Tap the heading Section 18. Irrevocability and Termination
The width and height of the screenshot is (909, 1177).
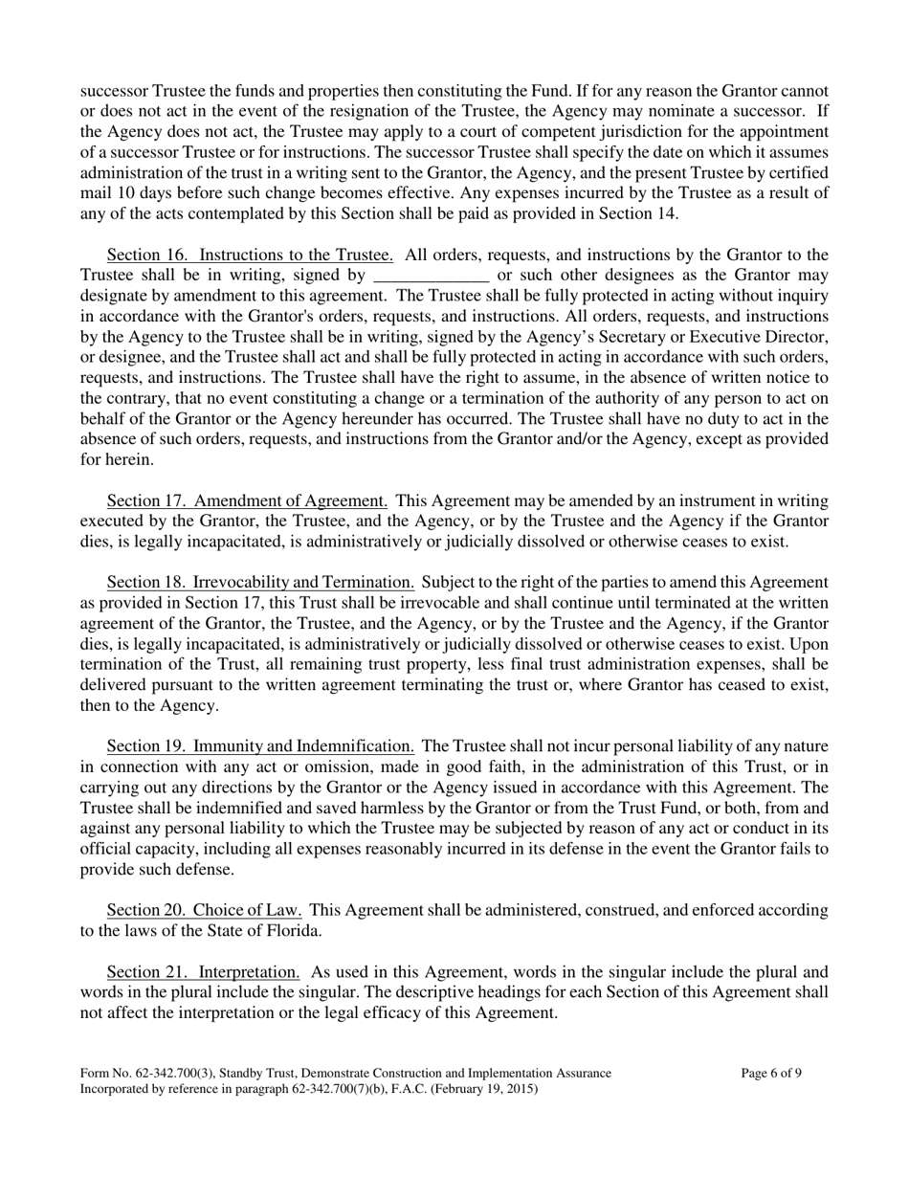260,582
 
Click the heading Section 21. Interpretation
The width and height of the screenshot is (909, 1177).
204,972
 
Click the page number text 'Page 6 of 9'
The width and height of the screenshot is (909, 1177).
771,1074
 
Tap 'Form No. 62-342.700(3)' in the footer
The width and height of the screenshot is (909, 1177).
144,1074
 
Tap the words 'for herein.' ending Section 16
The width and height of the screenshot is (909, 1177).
116,459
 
